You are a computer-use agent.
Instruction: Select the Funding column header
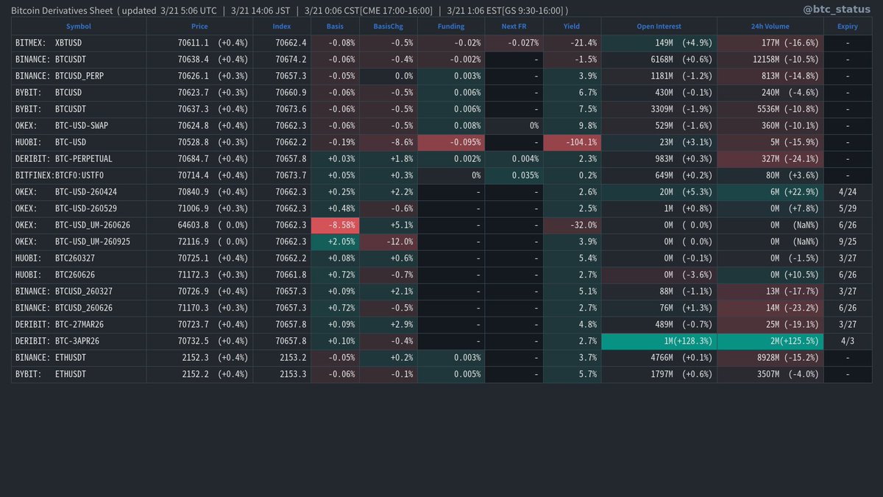pos(451,26)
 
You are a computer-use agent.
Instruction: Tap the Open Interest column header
pos(659,26)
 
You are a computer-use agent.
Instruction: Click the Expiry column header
pos(847,26)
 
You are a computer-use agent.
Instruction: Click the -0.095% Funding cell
pos(451,142)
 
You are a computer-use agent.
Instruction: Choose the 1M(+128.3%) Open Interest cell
pos(659,341)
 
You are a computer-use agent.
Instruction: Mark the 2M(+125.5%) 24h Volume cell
pos(770,341)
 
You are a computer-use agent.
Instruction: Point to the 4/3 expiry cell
pos(847,341)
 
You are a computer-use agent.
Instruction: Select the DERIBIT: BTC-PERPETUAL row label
pos(63,158)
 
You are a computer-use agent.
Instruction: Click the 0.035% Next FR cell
pos(513,175)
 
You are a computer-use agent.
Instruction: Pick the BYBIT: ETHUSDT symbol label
pos(50,374)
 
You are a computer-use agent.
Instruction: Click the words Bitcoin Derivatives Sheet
pos(62,10)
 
